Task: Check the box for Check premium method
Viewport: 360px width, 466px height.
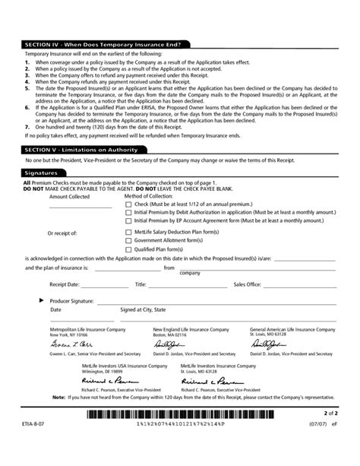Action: click(x=128, y=204)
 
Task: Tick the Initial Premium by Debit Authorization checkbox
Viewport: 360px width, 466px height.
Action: click(x=128, y=212)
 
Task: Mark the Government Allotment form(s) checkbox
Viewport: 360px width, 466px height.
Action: click(x=128, y=240)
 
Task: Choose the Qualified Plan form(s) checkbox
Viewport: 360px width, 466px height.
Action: click(x=128, y=249)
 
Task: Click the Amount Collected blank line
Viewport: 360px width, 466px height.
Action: click(x=80, y=206)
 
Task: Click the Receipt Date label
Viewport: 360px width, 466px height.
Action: click(x=64, y=284)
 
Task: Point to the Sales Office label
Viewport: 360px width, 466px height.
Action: click(x=247, y=284)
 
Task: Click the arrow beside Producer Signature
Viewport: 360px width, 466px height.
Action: click(x=41, y=301)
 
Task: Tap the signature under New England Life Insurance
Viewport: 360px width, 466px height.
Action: click(x=168, y=344)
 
